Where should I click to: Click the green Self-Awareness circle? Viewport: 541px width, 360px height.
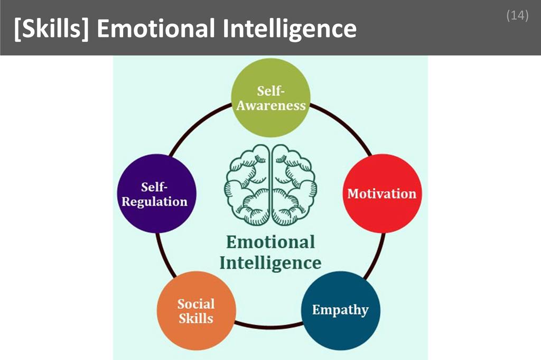(271, 98)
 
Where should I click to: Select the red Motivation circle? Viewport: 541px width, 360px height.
(381, 193)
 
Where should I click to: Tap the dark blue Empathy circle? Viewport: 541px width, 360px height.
(340, 309)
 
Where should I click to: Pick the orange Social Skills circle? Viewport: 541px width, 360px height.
(196, 311)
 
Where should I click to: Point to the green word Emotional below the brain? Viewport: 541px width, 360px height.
(270, 242)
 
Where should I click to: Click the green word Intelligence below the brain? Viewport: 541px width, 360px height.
(270, 262)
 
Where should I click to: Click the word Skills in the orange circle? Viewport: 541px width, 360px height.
(196, 318)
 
